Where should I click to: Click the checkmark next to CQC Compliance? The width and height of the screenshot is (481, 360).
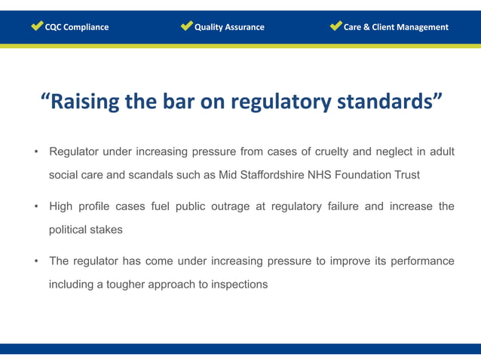pos(37,26)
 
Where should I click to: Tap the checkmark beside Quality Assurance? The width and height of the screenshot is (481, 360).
pos(187,26)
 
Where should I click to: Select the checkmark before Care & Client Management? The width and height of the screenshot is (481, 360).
pos(335,26)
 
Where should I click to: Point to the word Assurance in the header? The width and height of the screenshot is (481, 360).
pos(243,27)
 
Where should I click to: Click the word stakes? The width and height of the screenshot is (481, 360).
pos(106,229)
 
